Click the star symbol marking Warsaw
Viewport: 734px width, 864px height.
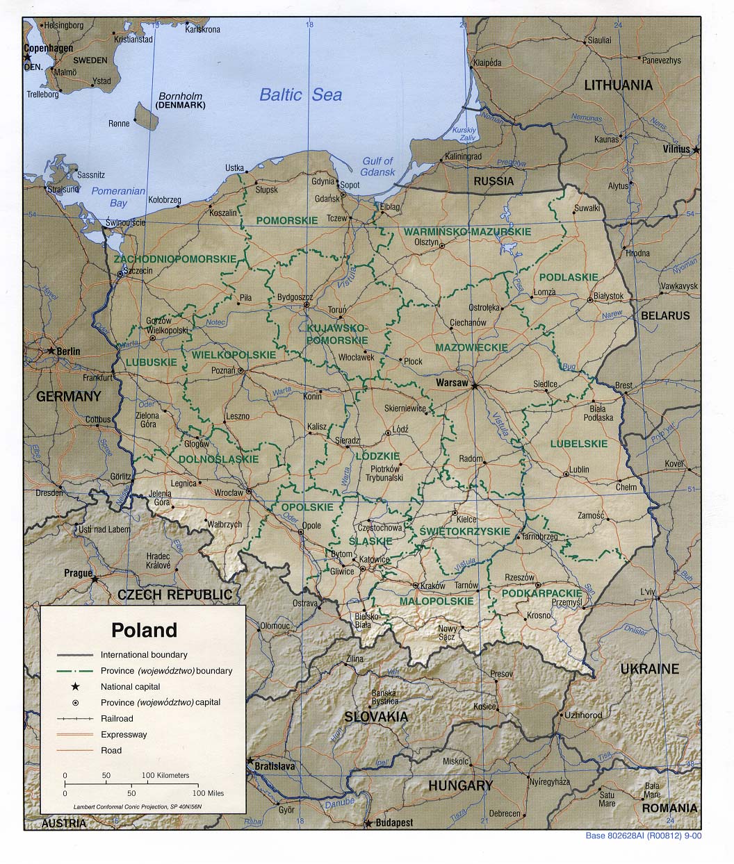[x=475, y=385]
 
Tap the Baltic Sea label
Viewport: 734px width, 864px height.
[x=300, y=94]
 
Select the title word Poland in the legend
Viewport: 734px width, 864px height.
[x=145, y=630]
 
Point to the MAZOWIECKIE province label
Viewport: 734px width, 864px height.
[x=471, y=347]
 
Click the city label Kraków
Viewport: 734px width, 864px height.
[x=432, y=586]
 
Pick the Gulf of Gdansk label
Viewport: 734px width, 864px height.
[x=377, y=167]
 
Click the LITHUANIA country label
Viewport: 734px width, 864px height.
[x=618, y=85]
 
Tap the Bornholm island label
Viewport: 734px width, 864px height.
[x=180, y=97]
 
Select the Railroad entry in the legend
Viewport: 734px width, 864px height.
[x=116, y=718]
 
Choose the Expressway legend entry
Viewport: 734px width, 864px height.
[x=124, y=734]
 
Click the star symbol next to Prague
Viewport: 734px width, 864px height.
[x=95, y=578]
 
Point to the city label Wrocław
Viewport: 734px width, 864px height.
[x=228, y=492]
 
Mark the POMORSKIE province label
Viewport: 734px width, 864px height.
[x=286, y=220]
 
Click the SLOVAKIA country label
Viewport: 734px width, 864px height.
[x=376, y=716]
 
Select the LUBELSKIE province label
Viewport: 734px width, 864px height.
[x=578, y=443]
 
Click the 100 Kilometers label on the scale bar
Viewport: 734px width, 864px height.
[x=165, y=775]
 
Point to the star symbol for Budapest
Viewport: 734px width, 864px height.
[x=367, y=824]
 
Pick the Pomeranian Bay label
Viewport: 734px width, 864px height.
[x=118, y=197]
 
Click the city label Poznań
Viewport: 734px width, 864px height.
[x=223, y=371]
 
